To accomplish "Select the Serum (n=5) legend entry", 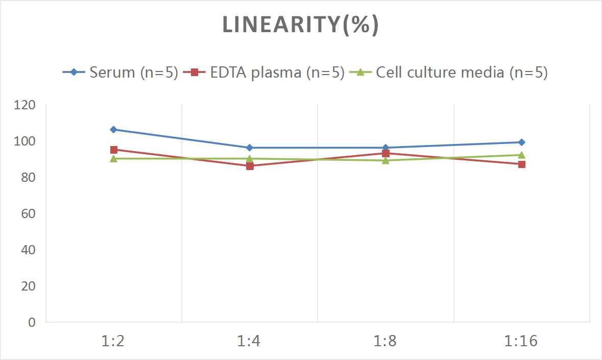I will coord(121,72).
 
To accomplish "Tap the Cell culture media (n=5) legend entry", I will coord(449,72).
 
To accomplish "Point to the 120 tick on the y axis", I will coord(25,105).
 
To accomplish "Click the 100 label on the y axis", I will coord(25,141).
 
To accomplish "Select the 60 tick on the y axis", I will coord(29,213).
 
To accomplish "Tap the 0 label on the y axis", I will coord(32,322).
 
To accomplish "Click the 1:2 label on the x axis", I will coord(113,341).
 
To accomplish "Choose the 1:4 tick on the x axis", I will coord(249,341).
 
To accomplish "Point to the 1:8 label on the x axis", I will coord(385,341).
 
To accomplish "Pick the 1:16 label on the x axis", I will coord(521,341).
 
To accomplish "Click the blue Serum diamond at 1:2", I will coord(113,130).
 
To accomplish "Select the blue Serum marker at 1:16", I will coord(521,142).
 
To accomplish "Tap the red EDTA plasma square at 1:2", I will coord(113,150).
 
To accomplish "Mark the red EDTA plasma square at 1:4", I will coord(250,166).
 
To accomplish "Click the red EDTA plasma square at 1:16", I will coord(521,164).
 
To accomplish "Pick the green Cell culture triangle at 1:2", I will coord(113,158).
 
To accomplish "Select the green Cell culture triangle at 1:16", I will coord(521,155).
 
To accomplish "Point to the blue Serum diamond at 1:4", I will coord(250,148).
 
